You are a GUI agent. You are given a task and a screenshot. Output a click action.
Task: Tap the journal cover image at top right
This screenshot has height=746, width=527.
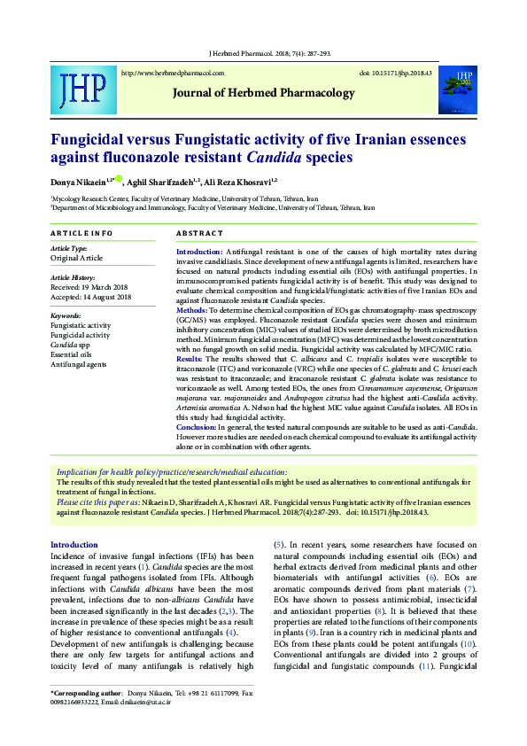click(x=461, y=88)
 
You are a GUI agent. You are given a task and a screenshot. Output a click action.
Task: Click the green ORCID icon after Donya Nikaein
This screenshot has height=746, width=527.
click(x=118, y=178)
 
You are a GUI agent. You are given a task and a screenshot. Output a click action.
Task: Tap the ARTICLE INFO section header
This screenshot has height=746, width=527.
click(x=81, y=232)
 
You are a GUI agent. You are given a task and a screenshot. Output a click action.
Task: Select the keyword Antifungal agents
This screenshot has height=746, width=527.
click(x=79, y=364)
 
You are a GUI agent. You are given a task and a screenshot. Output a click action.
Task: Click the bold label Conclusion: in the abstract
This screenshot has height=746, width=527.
click(x=198, y=427)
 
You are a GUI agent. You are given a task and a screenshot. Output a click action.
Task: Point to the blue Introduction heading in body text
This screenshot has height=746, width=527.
click(x=74, y=544)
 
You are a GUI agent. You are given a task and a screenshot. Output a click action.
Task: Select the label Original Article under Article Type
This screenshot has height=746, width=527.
click(x=77, y=258)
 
